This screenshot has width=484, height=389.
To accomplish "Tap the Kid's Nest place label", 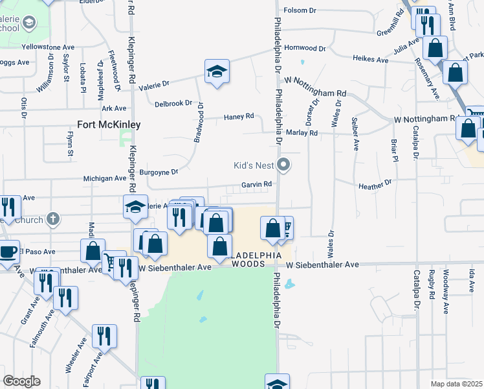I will (x=254, y=165).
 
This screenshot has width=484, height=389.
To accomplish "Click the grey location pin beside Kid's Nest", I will (x=283, y=165).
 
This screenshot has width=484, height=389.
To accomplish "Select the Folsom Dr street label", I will (x=299, y=10).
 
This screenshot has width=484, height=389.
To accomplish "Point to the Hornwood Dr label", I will (x=305, y=48).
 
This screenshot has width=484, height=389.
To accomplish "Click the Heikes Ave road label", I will (x=370, y=60).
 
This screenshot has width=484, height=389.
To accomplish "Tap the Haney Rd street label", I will (x=239, y=117).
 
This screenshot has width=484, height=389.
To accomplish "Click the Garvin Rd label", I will (x=256, y=185).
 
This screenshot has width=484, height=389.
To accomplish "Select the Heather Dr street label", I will (x=375, y=184).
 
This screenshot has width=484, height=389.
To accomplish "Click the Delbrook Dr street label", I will (x=173, y=103).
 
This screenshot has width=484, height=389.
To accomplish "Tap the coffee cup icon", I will (x=8, y=251).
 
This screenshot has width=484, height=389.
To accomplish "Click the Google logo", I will (x=21, y=381).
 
